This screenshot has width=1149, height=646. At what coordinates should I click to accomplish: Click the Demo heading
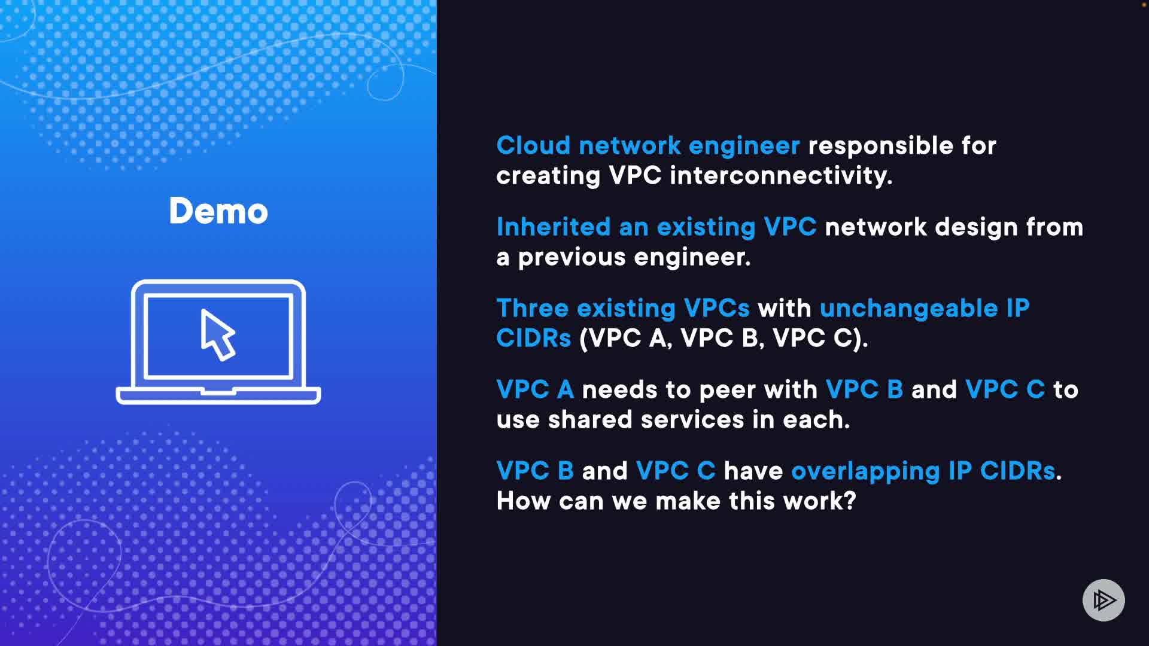218,211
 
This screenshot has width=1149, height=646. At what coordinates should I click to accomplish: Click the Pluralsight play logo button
1104,600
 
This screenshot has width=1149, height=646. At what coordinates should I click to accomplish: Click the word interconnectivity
780,176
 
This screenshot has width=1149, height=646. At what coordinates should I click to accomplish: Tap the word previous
572,257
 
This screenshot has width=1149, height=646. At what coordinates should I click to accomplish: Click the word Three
532,309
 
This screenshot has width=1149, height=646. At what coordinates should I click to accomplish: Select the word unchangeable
908,309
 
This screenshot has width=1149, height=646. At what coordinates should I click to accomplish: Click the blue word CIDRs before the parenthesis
533,339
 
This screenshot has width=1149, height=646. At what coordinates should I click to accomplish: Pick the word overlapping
865,471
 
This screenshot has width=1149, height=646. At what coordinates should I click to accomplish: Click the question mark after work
850,501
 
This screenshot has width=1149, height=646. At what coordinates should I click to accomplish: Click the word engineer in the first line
744,146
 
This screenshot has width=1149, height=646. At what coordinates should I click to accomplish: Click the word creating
548,176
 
